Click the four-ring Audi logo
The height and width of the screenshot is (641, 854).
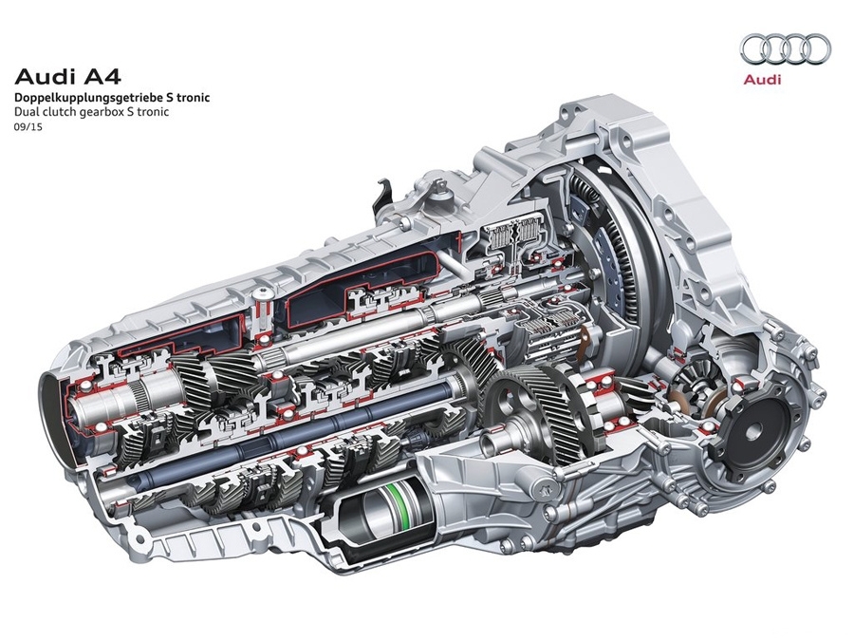(786, 48)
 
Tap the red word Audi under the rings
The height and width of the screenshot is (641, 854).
(763, 80)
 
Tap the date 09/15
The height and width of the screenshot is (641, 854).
(28, 127)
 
